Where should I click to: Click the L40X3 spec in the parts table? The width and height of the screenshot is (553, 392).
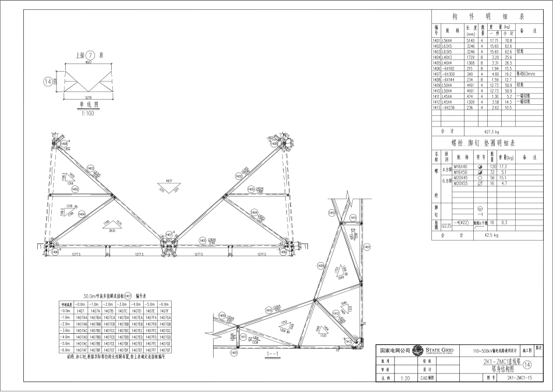448,57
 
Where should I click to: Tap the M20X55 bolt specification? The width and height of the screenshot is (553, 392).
461,183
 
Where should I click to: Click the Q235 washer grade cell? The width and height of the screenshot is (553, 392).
446,223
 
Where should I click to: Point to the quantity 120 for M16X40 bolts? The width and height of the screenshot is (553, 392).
492,167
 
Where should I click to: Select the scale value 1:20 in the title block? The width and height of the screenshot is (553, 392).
406,378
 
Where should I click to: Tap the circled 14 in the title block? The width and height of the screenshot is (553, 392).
527,365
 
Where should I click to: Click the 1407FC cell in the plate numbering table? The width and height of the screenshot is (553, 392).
151,330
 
